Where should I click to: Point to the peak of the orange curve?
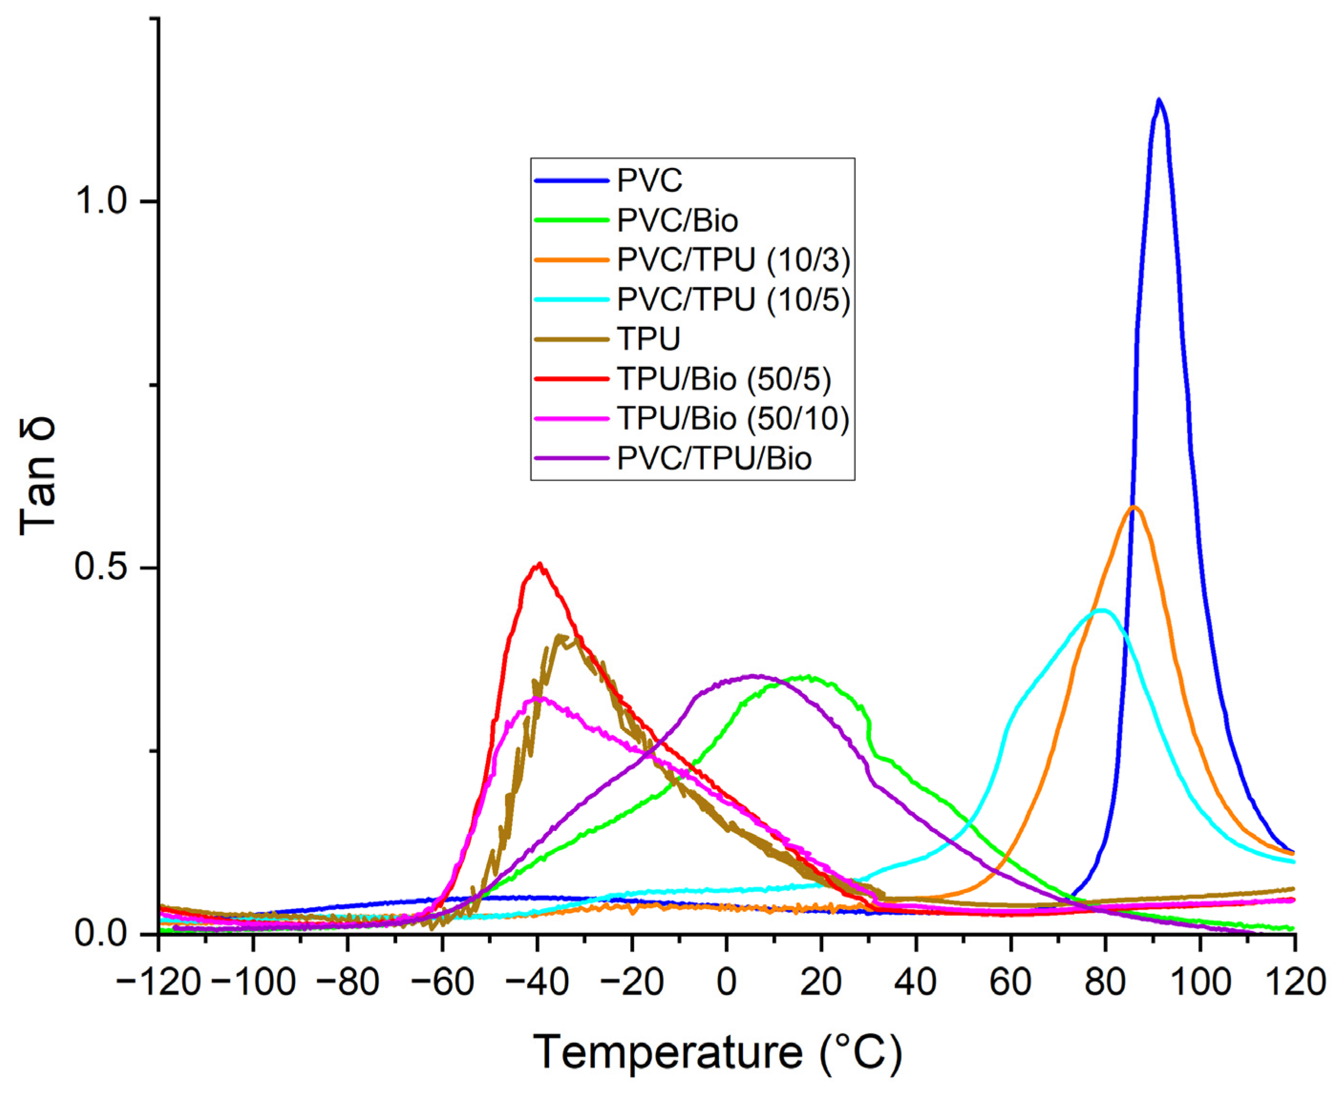point(1134,507)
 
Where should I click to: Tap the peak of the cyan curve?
point(1102,610)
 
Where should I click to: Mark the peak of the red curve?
point(539,564)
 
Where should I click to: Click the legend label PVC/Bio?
point(677,221)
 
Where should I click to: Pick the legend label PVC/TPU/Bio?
point(714,458)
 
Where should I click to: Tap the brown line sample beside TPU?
point(571,339)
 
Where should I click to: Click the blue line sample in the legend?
point(571,180)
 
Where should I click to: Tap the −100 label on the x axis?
point(253,983)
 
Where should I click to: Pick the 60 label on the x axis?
point(1011,983)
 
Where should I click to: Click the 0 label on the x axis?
point(727,983)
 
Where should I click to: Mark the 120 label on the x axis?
point(1294,983)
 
